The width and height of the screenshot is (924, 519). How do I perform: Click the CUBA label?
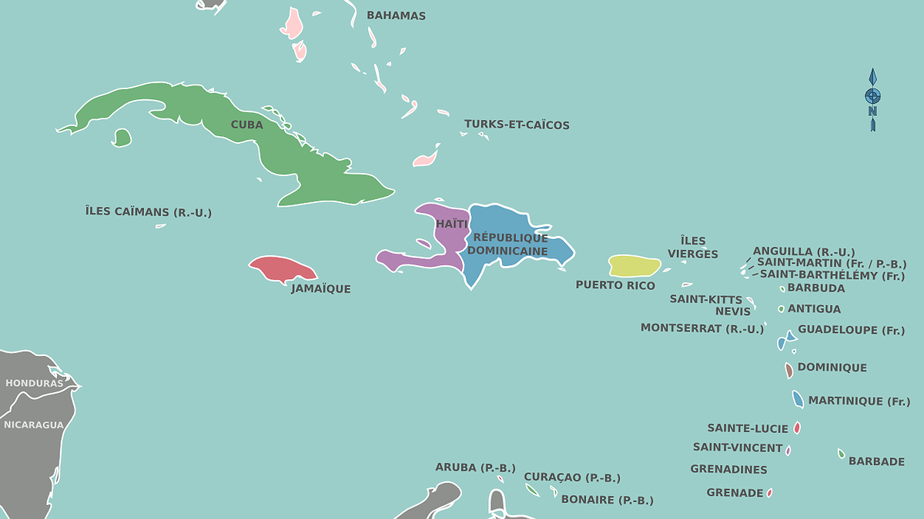point(247,125)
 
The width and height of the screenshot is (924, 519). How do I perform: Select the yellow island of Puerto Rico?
point(634,266)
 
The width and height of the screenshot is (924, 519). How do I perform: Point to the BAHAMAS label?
point(396,15)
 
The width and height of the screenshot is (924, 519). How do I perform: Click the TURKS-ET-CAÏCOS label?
point(517,125)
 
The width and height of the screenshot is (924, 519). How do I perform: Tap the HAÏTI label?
point(452,224)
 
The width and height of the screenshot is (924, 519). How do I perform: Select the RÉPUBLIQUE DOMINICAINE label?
point(509,244)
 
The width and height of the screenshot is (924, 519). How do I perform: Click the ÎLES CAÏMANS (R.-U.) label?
point(149,211)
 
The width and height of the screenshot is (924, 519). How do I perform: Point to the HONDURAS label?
point(34,383)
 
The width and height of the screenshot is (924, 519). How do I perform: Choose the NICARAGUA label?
point(33,424)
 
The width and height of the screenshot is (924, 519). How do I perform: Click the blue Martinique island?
point(798,400)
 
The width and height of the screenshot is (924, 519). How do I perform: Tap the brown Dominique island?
point(789,371)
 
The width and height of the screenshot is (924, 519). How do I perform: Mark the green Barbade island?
point(842,454)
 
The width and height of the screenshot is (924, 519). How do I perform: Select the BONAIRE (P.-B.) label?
point(608,500)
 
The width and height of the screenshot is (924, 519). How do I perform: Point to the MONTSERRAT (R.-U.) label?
point(702,328)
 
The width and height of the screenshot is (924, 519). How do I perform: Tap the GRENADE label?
point(735,493)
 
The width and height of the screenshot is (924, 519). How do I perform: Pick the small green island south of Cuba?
point(121,138)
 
